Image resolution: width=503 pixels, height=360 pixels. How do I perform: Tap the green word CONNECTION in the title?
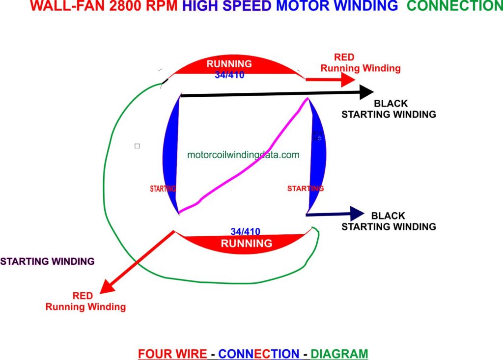(454, 6)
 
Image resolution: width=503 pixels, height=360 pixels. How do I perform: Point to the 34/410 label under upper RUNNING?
(229, 75)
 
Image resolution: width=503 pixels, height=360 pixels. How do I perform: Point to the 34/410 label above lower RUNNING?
(245, 231)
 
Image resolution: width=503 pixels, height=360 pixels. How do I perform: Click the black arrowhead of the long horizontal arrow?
(366, 92)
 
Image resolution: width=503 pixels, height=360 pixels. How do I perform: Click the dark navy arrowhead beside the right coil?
(357, 213)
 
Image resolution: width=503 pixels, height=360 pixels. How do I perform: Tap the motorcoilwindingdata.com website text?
(243, 155)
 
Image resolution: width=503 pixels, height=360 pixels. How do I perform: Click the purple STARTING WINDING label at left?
(47, 261)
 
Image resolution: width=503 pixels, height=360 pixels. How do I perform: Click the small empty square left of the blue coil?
(137, 146)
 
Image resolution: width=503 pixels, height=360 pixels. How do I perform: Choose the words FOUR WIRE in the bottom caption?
(172, 354)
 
